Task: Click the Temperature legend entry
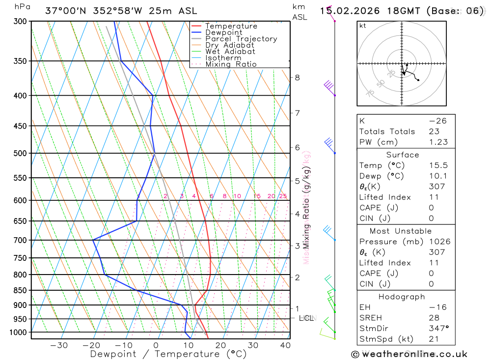231,26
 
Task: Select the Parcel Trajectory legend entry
241,39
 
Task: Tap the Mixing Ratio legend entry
231,64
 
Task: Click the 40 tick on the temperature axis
285,345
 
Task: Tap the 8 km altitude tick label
298,77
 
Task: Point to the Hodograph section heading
402,297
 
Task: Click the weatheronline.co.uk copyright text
409,354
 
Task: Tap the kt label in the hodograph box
363,26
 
